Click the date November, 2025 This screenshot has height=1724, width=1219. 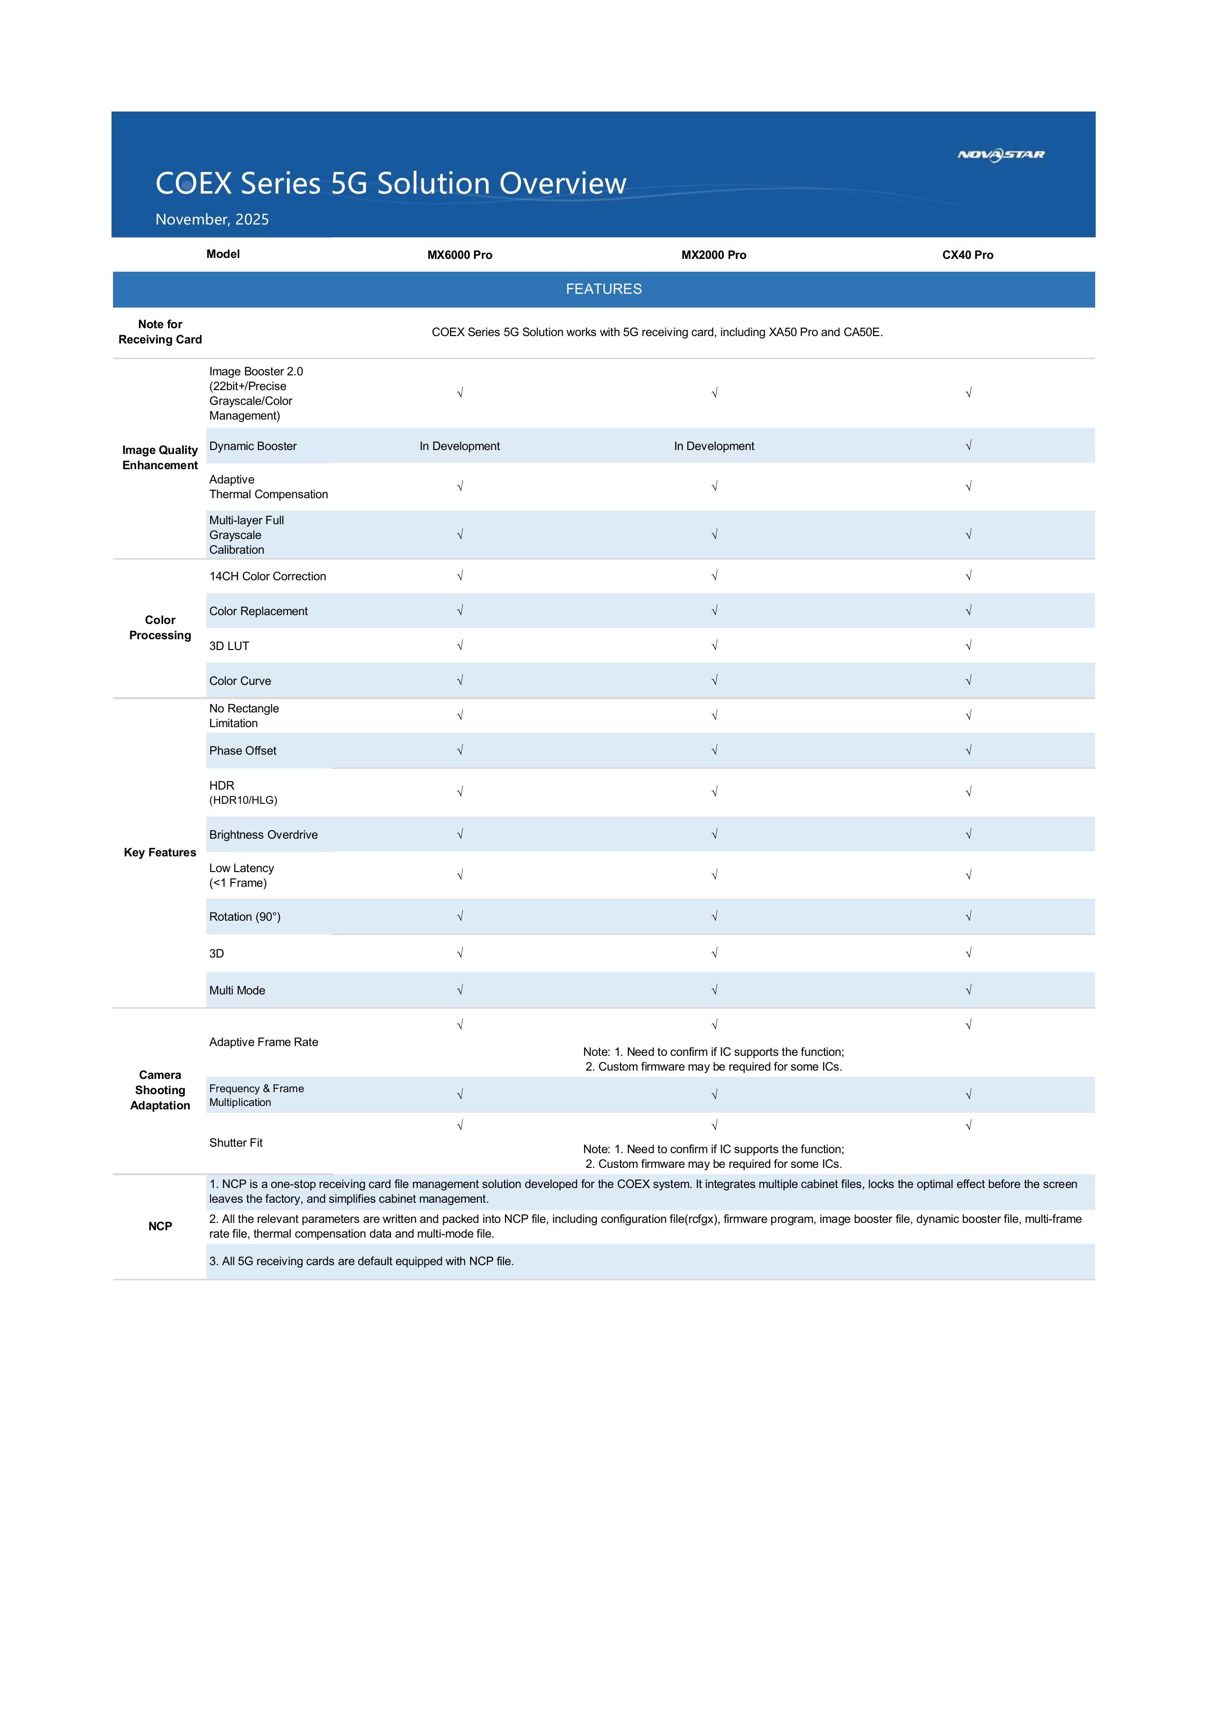click(x=212, y=219)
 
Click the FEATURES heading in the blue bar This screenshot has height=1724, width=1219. click(x=603, y=289)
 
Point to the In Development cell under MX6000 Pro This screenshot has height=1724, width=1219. click(x=460, y=446)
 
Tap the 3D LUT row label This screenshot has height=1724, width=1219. click(x=229, y=646)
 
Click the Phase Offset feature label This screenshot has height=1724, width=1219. click(x=243, y=751)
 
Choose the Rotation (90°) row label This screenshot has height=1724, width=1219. click(x=245, y=917)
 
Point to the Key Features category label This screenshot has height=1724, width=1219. click(x=160, y=852)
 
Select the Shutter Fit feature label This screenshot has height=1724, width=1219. click(x=236, y=1143)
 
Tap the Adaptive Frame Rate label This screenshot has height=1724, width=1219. click(x=264, y=1042)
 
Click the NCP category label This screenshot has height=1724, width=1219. click(x=160, y=1226)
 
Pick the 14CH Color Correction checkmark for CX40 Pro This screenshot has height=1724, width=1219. click(x=968, y=576)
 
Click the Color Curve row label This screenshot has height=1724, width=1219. click(x=240, y=681)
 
